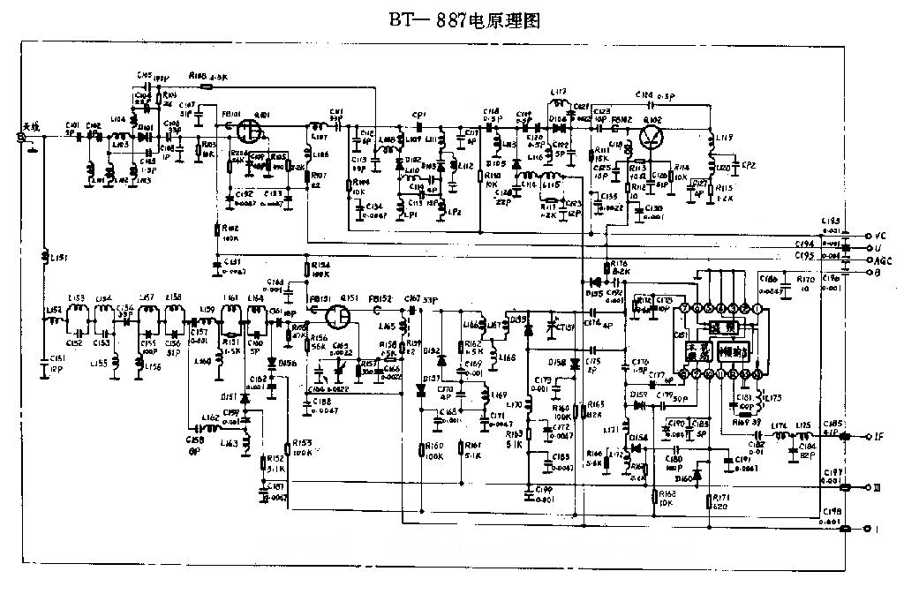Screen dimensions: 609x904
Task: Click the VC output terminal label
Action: click(x=879, y=237)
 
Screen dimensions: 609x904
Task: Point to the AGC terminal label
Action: click(x=882, y=260)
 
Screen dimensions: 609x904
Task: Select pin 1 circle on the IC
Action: click(x=757, y=308)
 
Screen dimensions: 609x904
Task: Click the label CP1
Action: click(x=419, y=115)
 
